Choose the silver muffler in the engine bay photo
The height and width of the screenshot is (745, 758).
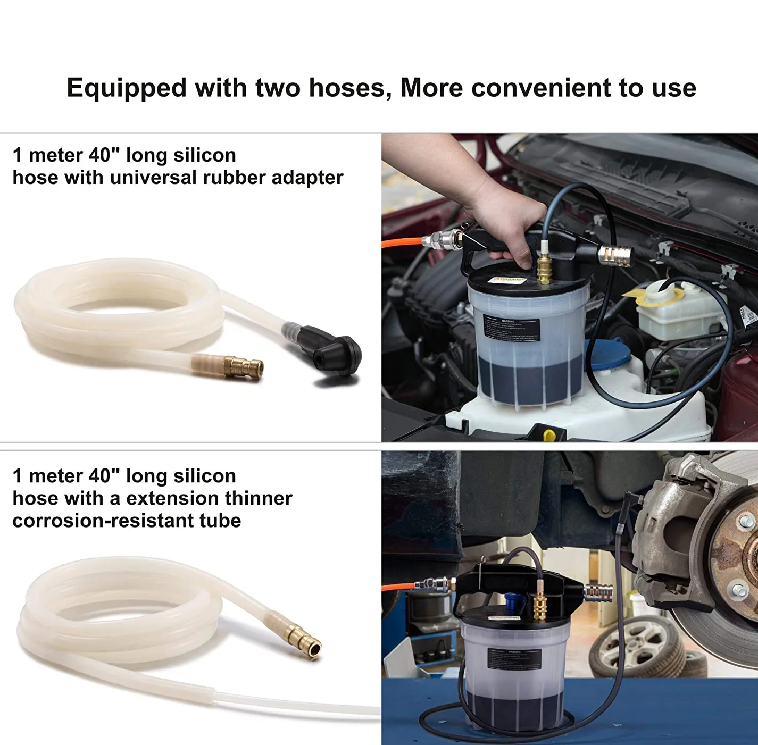(x=616, y=256)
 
